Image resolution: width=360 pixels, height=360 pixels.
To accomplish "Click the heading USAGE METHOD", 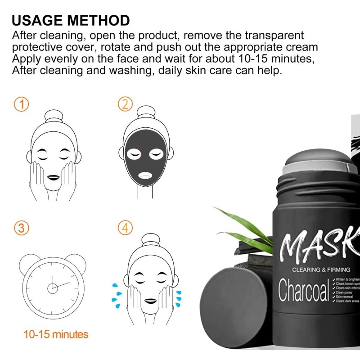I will pyautogui.click(x=71, y=20).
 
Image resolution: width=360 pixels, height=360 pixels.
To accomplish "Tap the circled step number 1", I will pyautogui.click(x=21, y=105).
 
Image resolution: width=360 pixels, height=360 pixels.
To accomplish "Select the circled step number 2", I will pyautogui.click(x=125, y=105).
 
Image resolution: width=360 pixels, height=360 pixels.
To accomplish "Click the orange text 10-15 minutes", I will pyautogui.click(x=56, y=334).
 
